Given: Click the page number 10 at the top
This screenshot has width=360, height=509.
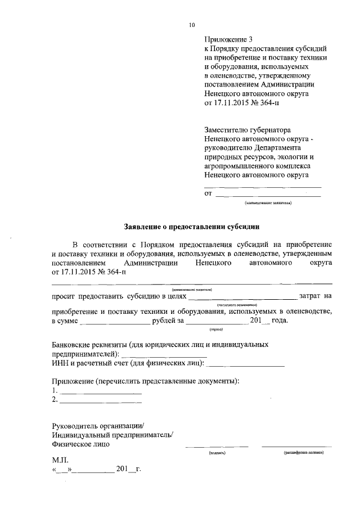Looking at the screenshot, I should [x=192, y=25].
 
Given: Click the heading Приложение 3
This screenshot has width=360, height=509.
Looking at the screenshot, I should [x=229, y=39].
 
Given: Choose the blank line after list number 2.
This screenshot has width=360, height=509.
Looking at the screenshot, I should [x=101, y=400].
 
